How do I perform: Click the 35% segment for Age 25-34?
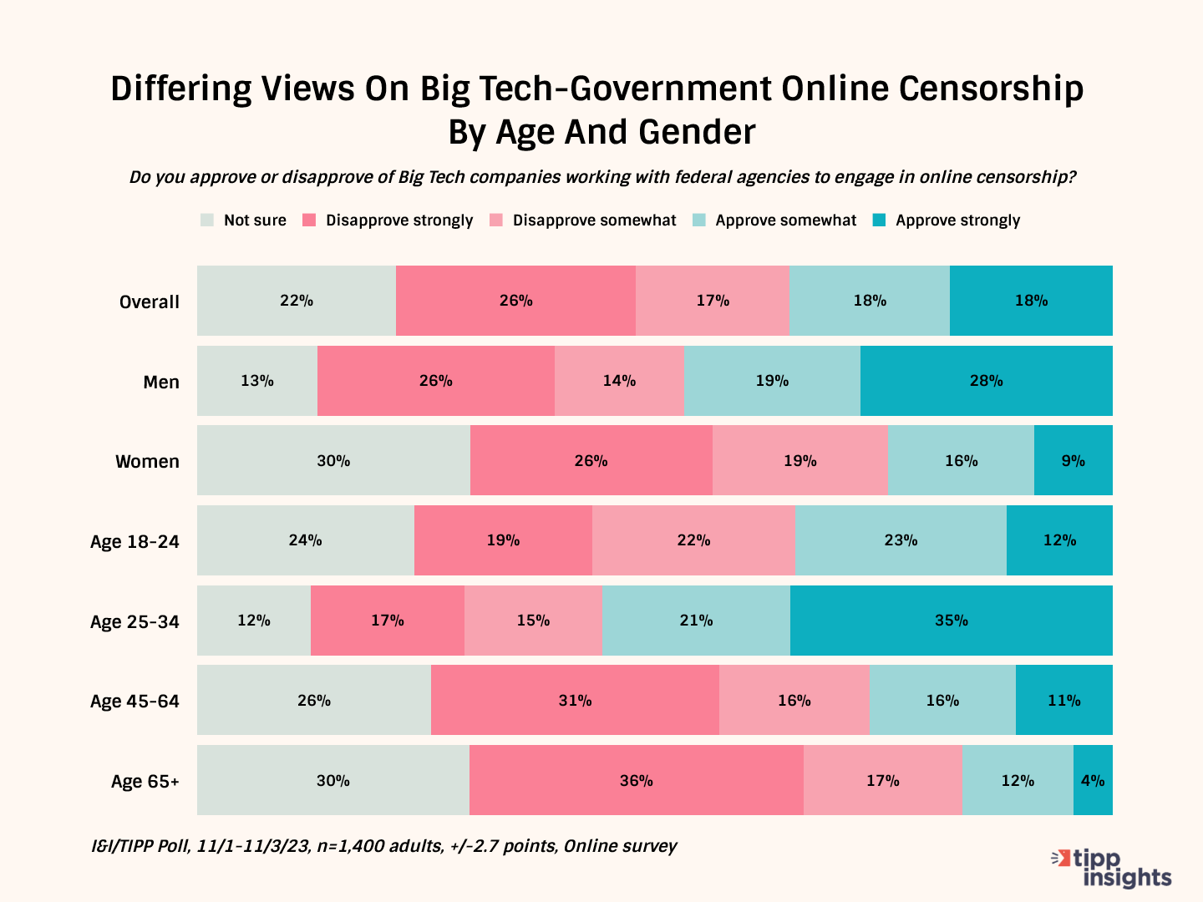(x=951, y=621)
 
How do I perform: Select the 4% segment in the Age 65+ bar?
(x=1093, y=780)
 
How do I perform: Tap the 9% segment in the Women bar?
(x=1073, y=460)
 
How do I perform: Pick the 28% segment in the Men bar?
(x=986, y=381)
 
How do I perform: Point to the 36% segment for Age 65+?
(x=636, y=780)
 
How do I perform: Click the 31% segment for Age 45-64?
(x=575, y=700)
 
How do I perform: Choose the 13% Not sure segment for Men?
(x=257, y=381)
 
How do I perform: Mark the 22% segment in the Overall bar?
(x=297, y=301)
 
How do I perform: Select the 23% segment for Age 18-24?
(x=901, y=540)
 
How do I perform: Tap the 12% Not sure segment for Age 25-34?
(x=254, y=621)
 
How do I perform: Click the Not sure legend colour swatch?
(x=207, y=220)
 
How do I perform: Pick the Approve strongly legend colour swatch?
(x=879, y=220)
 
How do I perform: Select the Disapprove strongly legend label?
(x=399, y=220)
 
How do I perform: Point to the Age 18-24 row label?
(x=135, y=541)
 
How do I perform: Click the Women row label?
(x=147, y=462)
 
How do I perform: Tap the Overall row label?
(x=149, y=302)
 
